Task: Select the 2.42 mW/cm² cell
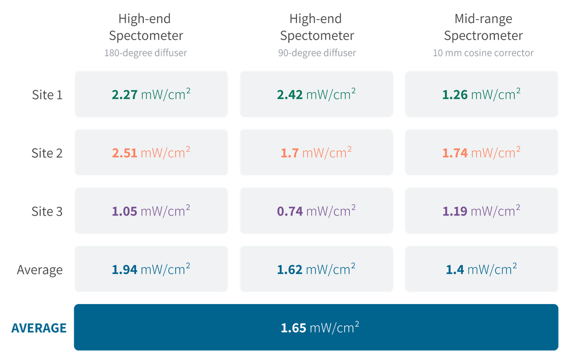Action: coord(316,95)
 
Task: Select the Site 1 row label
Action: coord(47,95)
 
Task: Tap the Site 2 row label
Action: coord(47,153)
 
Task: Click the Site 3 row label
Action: coord(47,211)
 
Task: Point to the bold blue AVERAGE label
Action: coord(39,328)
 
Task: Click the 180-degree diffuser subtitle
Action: coord(146,53)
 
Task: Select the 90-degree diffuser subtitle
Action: coord(317,53)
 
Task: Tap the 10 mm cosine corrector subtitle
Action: coord(483,53)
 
